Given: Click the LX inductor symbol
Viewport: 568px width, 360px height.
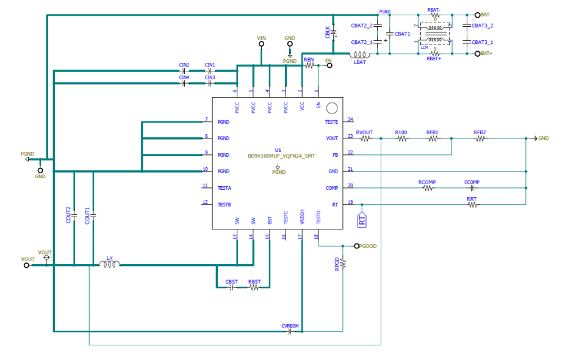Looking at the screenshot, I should pyautogui.click(x=110, y=264).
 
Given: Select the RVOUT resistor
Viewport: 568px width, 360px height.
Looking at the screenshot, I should pyautogui.click(x=365, y=139).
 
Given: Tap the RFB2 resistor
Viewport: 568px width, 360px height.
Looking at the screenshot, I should pyautogui.click(x=481, y=139).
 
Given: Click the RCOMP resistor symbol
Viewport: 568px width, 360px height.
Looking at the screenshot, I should pyautogui.click(x=428, y=189).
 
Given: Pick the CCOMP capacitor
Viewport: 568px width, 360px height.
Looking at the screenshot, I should pyautogui.click(x=470, y=189).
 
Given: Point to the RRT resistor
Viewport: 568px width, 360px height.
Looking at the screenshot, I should pyautogui.click(x=472, y=205).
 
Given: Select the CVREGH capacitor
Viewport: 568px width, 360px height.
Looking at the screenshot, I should pyautogui.click(x=290, y=332).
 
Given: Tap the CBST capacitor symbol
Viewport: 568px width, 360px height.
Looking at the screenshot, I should pyautogui.click(x=231, y=287).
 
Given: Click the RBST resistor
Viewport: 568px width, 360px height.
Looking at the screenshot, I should pyautogui.click(x=254, y=287).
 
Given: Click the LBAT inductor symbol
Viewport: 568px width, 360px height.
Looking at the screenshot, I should pyautogui.click(x=360, y=54).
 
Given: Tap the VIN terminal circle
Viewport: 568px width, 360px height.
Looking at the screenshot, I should pyautogui.click(x=262, y=44).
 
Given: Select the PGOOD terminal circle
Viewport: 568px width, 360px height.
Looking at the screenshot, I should pyautogui.click(x=357, y=246).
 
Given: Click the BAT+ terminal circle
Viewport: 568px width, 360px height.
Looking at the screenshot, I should pyautogui.click(x=477, y=54).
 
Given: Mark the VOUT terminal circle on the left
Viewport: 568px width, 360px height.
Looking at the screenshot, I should pyautogui.click(x=26, y=265).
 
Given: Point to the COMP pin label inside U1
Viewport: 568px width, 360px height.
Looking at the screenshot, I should pyautogui.click(x=331, y=189).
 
